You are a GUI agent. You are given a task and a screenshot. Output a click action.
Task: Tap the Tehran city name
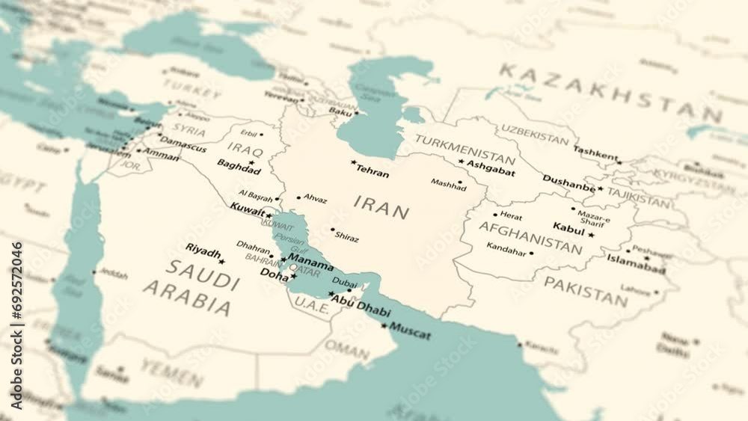click(x=373, y=173)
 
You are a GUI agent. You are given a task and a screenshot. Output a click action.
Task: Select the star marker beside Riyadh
click(x=222, y=261)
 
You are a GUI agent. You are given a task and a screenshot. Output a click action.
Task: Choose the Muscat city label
click(x=410, y=332)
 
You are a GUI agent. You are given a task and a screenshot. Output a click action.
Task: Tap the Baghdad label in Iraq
click(x=239, y=168)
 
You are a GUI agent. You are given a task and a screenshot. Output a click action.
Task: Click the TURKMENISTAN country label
click(x=465, y=149)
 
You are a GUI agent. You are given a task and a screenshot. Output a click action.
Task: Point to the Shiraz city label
click(x=346, y=238)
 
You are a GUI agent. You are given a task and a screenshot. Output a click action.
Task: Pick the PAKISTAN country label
click(x=585, y=292)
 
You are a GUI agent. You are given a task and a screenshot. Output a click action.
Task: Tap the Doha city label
click(x=273, y=274)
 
